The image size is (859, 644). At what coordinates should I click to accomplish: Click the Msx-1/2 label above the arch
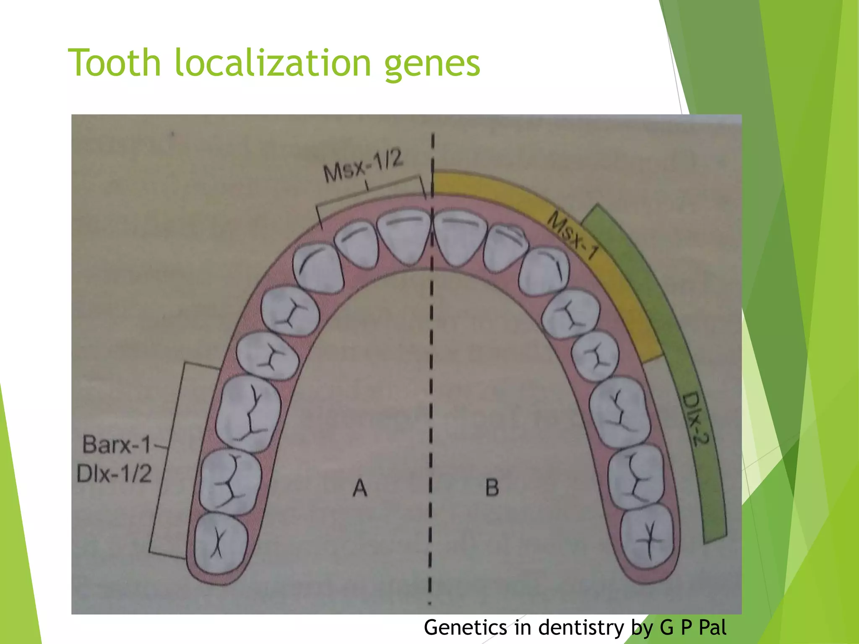[363, 166]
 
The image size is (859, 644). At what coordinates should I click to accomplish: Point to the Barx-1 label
[117, 444]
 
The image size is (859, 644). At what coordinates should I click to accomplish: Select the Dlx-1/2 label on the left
[114, 474]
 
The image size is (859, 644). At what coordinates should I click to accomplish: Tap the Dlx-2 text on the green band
[694, 419]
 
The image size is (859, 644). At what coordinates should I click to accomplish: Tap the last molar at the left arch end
[221, 544]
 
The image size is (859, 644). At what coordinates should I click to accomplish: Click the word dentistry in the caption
[581, 628]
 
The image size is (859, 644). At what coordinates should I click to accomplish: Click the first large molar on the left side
[247, 413]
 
